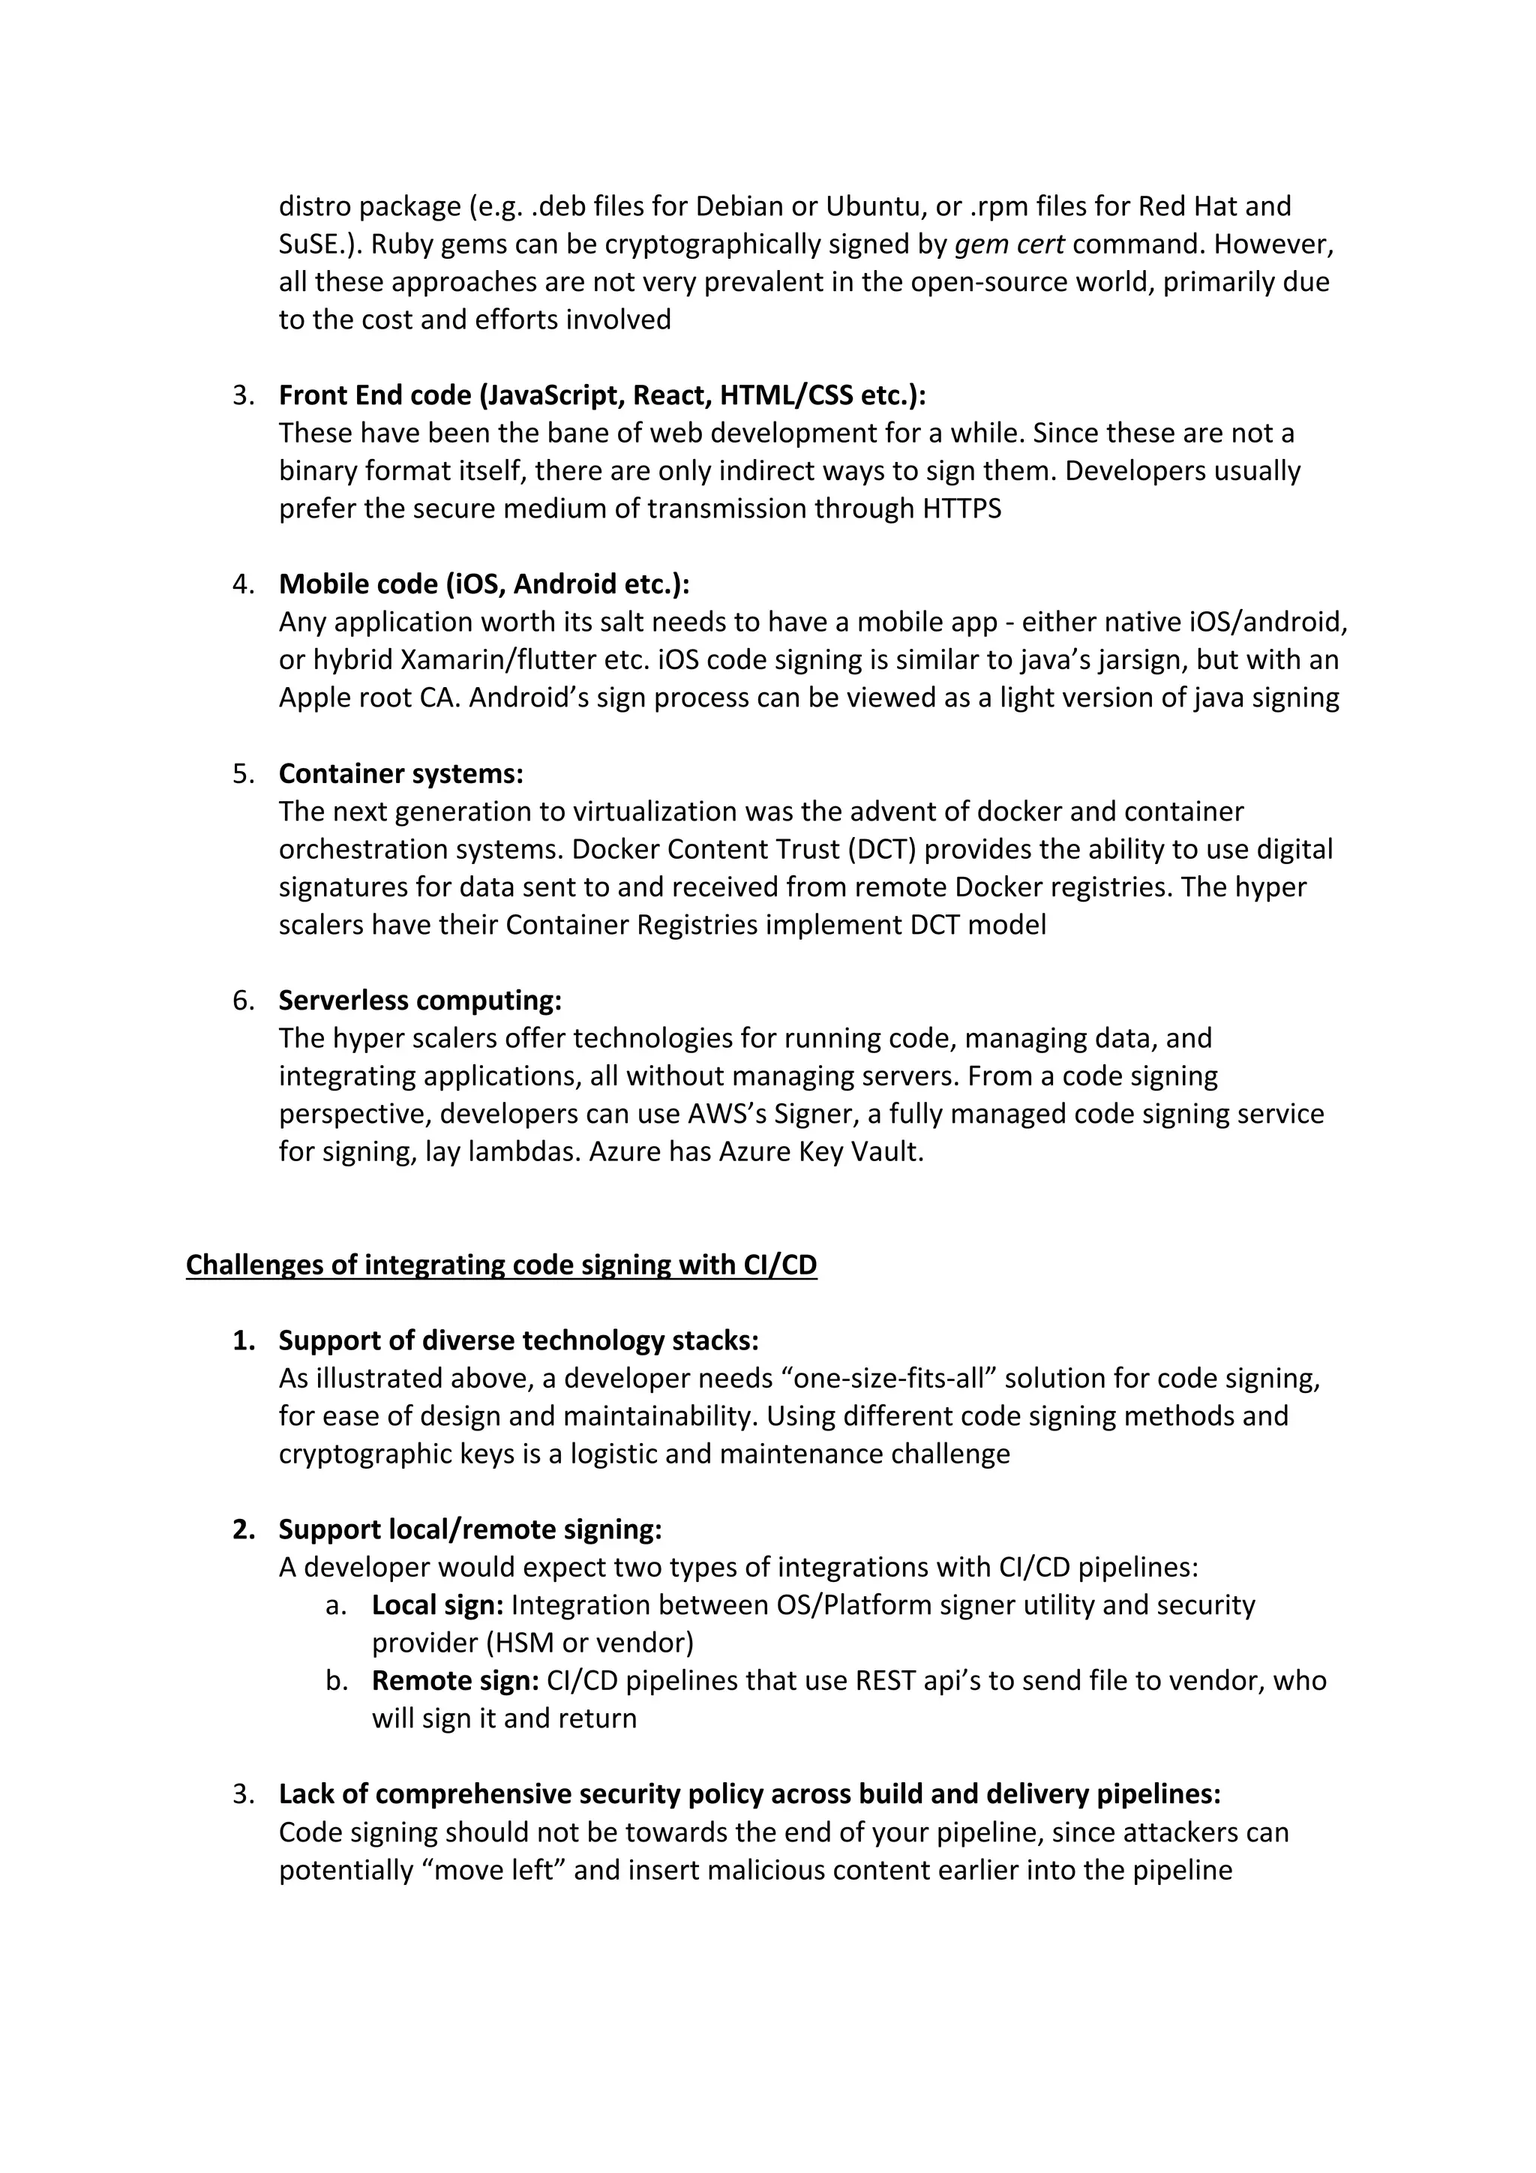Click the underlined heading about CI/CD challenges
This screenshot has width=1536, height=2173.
tap(501, 1265)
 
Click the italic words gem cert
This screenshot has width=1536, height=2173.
tap(1009, 245)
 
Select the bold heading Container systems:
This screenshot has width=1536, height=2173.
tap(400, 773)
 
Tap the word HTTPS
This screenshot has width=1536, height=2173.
tap(961, 509)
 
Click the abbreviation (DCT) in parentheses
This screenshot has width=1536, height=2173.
tap(884, 849)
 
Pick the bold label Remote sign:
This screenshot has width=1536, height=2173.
tap(454, 1681)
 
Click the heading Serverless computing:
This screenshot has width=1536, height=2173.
tap(419, 1001)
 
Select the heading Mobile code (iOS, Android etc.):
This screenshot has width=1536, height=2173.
tap(484, 584)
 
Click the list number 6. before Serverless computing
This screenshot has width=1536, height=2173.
tap(243, 1001)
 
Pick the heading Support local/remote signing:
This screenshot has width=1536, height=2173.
tap(469, 1529)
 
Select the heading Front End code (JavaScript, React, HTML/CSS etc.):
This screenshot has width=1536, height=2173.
tap(602, 395)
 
